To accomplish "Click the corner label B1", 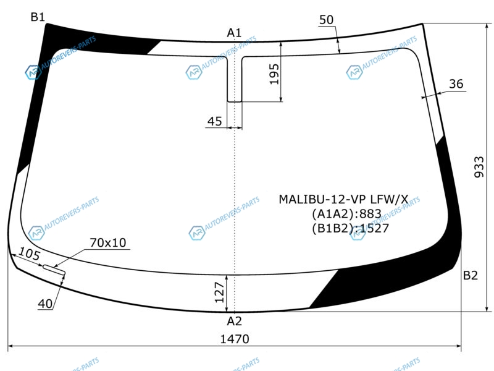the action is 38,17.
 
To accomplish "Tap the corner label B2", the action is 470,275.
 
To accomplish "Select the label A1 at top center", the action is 234,33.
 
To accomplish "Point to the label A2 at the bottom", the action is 235,321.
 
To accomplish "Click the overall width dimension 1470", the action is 235,339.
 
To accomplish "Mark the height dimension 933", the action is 479,167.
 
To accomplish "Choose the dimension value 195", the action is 274,74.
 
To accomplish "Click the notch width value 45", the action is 214,121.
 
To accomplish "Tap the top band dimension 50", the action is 326,20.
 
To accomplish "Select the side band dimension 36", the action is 456,84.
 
